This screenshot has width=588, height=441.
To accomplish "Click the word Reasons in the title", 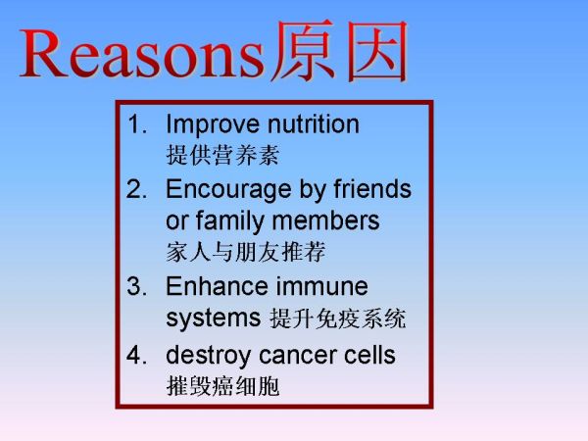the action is [142, 53].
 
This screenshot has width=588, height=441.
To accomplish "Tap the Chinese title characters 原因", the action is [339, 51].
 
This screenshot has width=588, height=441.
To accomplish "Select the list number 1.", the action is [137, 124].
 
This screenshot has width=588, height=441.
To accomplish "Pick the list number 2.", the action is [137, 189].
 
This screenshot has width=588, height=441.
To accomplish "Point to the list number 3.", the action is [137, 286].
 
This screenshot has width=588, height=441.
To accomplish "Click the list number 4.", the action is [137, 355].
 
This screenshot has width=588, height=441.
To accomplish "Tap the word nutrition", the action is [314, 123].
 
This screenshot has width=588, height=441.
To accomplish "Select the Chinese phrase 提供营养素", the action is [222, 155].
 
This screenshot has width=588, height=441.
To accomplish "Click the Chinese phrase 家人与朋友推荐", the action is [246, 252].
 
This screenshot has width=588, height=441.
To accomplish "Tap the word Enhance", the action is [218, 286].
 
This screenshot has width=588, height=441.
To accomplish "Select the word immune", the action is [322, 286].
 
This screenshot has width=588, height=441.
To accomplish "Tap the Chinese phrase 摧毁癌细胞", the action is [222, 386].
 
